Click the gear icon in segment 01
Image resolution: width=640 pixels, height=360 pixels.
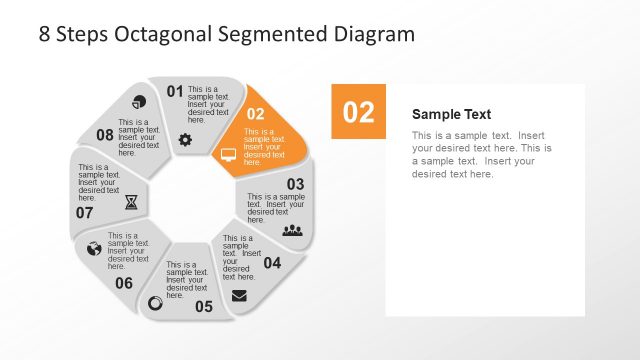[x=185, y=140]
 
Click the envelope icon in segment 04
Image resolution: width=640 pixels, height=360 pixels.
[x=239, y=295]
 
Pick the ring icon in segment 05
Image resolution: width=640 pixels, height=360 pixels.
[x=155, y=302]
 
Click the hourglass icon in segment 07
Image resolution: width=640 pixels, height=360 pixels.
[x=132, y=202]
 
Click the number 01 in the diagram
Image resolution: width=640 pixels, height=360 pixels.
[x=175, y=92]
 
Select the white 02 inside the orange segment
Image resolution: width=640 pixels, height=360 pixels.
[x=256, y=114]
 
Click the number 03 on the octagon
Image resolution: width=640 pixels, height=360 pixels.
[x=295, y=184]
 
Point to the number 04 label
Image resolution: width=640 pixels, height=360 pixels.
[x=272, y=264]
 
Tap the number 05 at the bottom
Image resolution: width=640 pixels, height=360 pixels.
[x=203, y=306]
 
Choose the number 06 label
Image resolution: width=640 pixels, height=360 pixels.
[x=123, y=283]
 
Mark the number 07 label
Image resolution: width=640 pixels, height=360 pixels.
[x=84, y=213]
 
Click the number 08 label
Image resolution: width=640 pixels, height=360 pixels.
[x=105, y=135]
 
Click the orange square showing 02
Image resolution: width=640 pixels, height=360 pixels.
[x=358, y=111]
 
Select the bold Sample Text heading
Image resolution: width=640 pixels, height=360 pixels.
[x=451, y=115]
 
